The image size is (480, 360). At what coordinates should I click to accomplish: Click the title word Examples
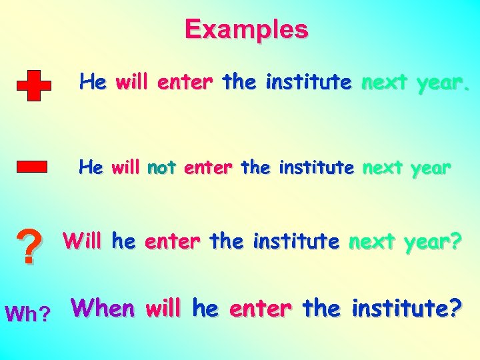click(x=247, y=29)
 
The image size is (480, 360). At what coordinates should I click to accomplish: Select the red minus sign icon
click(x=31, y=166)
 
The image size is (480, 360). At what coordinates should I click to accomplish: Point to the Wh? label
click(x=27, y=314)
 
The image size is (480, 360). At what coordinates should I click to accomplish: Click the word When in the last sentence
click(x=103, y=308)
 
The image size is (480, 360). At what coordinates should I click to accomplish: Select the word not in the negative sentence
click(x=161, y=167)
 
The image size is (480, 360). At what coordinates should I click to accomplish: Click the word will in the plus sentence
click(x=133, y=83)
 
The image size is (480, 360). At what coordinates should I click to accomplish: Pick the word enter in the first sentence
click(x=185, y=83)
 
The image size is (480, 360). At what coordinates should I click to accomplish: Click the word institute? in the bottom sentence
click(x=407, y=309)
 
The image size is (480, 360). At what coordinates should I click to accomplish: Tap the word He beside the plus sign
click(x=92, y=83)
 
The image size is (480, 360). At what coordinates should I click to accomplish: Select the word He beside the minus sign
click(x=91, y=167)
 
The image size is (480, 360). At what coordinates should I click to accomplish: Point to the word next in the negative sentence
click(x=382, y=167)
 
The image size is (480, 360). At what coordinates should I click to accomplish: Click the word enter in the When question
click(x=259, y=309)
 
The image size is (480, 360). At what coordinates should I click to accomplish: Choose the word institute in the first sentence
click(x=308, y=83)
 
